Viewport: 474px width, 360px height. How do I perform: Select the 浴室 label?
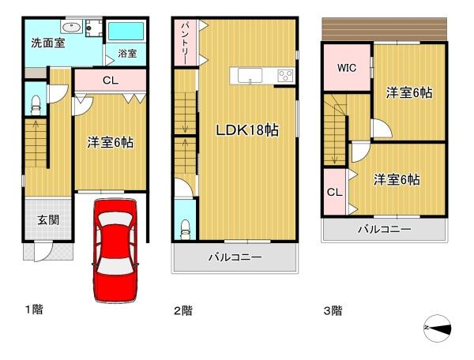pos(127,53)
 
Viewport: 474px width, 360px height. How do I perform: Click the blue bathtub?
pos(126,32)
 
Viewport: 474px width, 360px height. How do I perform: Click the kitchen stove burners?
pos(284,76)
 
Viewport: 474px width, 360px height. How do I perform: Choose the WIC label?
pos(347,68)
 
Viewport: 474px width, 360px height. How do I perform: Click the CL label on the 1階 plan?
pos(110,80)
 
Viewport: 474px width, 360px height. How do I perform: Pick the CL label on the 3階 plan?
pos(333,192)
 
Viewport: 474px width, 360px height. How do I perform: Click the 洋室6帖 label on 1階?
pos(110,143)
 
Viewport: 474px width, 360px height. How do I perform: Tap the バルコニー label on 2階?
pos(235,257)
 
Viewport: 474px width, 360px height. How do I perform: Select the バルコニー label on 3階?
pos(383,229)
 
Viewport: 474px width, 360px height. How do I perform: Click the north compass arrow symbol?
pos(437,327)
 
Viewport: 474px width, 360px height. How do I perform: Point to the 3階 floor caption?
pos(333,310)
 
